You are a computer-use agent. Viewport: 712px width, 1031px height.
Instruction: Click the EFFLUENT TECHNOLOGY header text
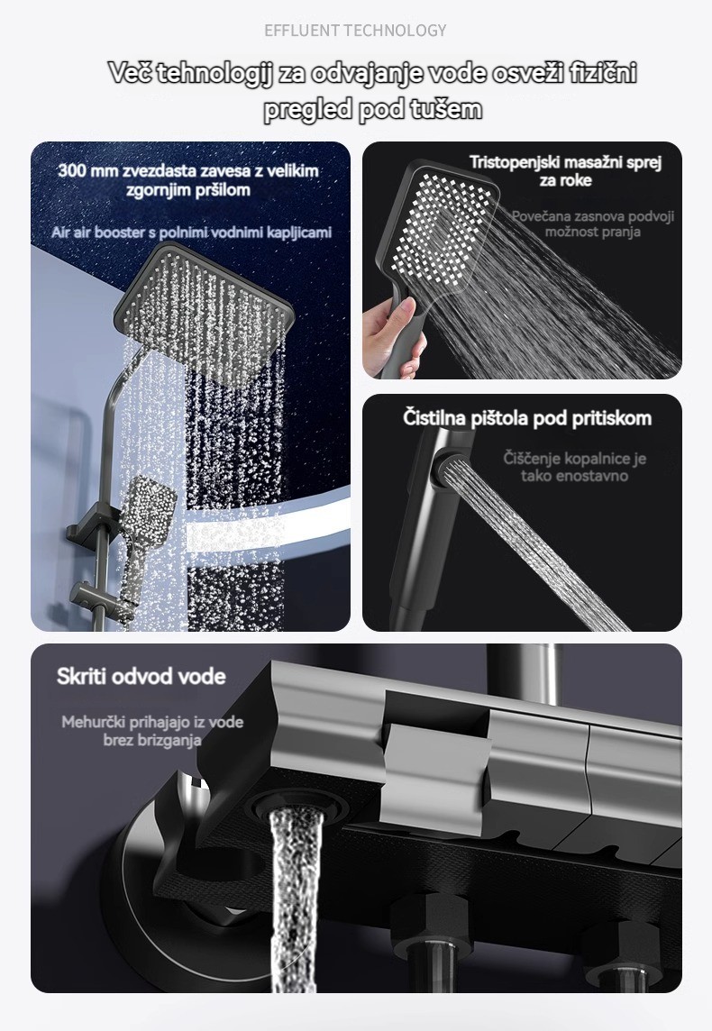click(355, 31)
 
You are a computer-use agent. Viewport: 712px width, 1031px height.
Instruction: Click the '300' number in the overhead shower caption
click(71, 171)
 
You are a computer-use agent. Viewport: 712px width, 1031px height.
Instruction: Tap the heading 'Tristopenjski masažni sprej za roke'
click(565, 171)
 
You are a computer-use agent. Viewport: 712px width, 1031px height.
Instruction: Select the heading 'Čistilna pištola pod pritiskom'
click(527, 418)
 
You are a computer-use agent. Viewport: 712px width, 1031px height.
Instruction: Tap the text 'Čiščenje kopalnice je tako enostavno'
click(575, 466)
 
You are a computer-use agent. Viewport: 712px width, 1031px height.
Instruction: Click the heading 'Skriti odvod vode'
click(141, 676)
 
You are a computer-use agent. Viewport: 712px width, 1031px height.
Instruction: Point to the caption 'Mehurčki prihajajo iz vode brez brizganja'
click(152, 731)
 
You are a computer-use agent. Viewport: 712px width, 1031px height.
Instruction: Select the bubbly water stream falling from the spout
click(296, 901)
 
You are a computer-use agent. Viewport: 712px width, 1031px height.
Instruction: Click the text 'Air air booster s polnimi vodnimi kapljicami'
click(191, 233)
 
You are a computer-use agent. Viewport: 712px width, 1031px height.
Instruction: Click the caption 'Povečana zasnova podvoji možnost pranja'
click(593, 224)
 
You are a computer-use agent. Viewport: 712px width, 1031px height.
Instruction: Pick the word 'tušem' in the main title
click(446, 108)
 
